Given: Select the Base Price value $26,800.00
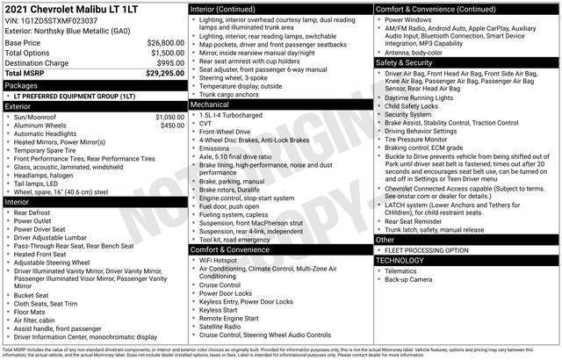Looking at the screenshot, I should [x=165, y=42].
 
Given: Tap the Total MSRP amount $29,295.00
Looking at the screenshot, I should [x=163, y=74].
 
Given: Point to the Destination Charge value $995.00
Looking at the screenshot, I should [x=170, y=63].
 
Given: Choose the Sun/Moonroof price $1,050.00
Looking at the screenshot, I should [x=169, y=116].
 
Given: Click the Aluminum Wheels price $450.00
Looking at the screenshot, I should [x=172, y=126].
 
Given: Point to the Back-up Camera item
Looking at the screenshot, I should [x=408, y=280].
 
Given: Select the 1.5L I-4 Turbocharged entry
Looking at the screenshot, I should [x=233, y=115].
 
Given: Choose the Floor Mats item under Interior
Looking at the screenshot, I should [x=32, y=311].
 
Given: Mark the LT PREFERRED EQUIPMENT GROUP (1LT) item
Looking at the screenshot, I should [x=75, y=96].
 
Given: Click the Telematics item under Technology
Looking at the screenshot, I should [x=402, y=271].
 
